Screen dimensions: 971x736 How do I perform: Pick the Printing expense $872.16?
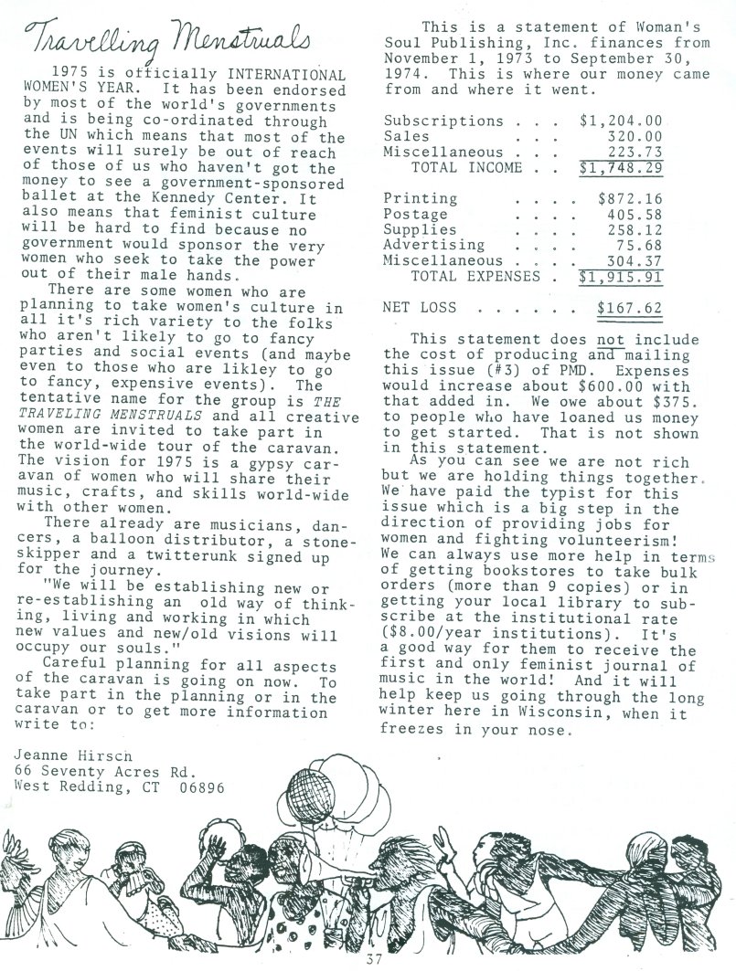(630, 198)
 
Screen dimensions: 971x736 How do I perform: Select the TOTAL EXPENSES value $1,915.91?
(621, 276)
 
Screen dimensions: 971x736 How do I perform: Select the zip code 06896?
(201, 786)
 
